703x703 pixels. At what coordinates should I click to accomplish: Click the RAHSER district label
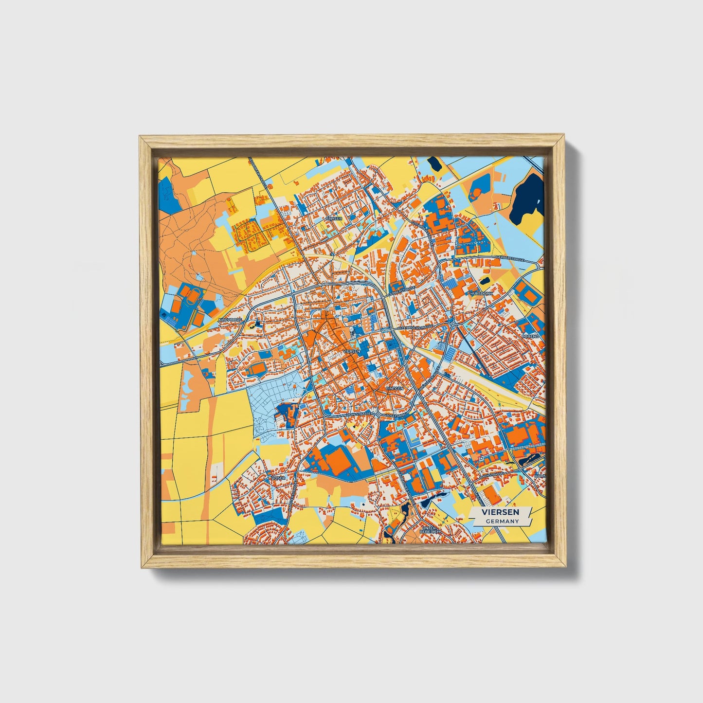click(x=334, y=219)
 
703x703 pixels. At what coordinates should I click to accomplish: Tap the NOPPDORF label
click(x=230, y=320)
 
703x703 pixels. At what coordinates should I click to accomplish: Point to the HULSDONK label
click(x=481, y=294)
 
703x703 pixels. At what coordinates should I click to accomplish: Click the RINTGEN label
click(x=394, y=389)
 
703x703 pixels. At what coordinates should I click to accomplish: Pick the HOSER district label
click(x=278, y=478)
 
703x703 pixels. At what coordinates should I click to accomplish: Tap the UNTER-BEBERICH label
click(x=430, y=529)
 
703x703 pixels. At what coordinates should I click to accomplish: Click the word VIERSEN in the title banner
click(x=500, y=512)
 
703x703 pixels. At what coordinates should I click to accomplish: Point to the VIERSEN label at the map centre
click(x=351, y=351)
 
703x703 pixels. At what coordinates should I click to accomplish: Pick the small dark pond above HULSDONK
click(x=485, y=281)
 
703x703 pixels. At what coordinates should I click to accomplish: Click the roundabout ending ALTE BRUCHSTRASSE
click(x=453, y=324)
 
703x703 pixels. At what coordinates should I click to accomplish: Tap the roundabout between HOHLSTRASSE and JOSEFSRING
click(x=378, y=414)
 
